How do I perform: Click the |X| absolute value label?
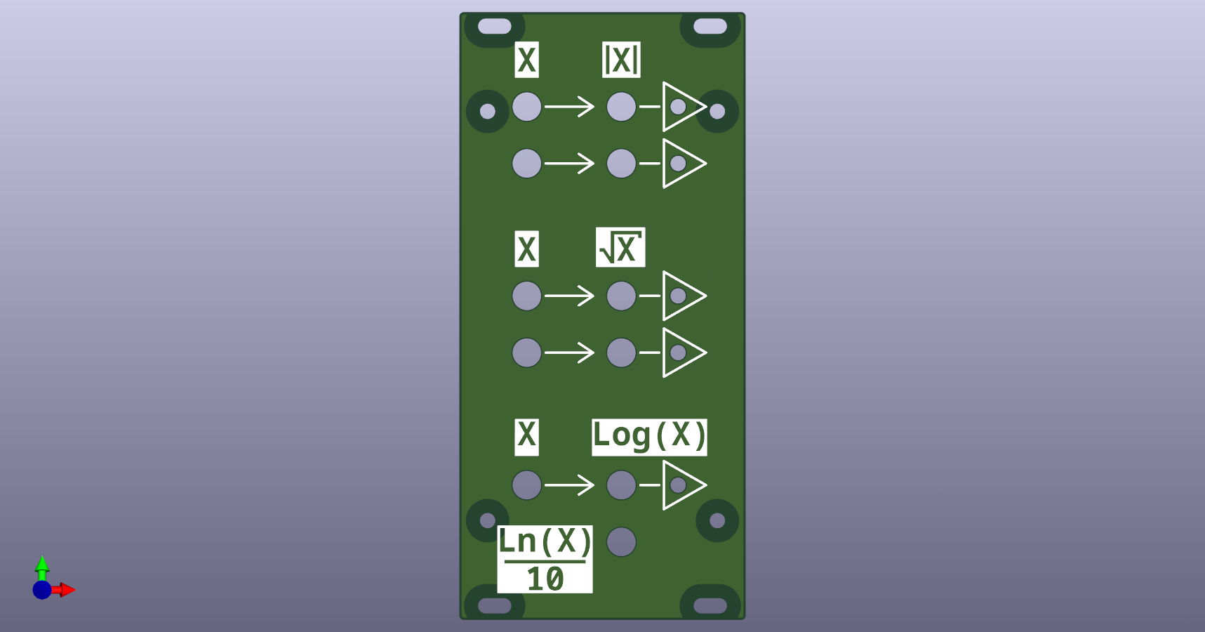tap(621, 60)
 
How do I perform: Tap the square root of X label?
tap(620, 248)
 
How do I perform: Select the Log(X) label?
tap(649, 437)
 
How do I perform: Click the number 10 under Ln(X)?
tap(545, 579)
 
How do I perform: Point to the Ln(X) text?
tap(545, 542)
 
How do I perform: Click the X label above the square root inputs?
tap(526, 249)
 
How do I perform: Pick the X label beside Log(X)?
tap(526, 437)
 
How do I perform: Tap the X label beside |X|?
tap(526, 60)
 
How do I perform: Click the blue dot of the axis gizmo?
tap(42, 590)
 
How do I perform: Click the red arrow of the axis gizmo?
tap(67, 590)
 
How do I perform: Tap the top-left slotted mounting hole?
tap(495, 27)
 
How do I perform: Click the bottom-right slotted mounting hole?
tap(710, 605)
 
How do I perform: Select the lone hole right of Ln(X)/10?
tap(621, 542)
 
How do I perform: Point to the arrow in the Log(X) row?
tap(569, 485)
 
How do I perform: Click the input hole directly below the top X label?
tap(526, 107)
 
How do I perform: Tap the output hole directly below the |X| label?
tap(621, 107)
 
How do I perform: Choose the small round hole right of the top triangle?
tap(717, 111)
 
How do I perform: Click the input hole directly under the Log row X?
tap(526, 485)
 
